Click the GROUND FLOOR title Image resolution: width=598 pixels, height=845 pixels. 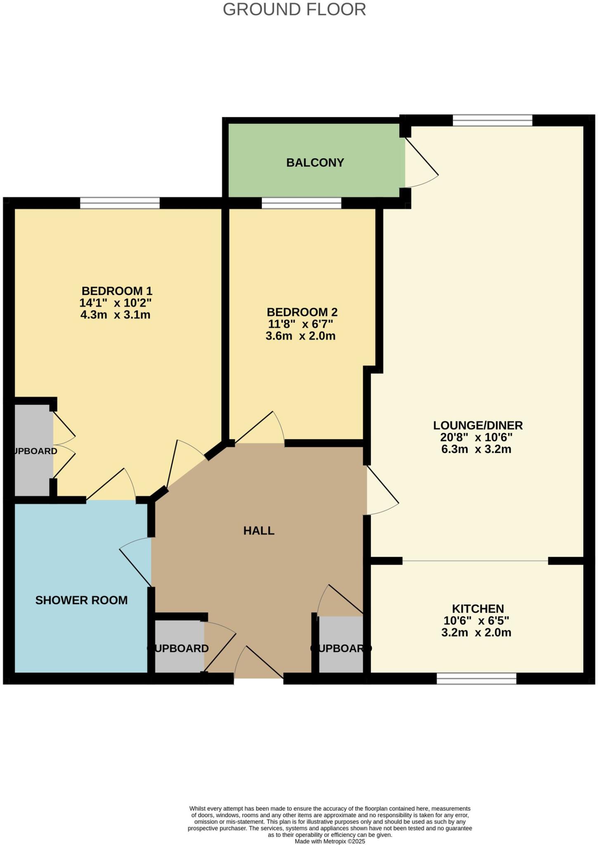(x=294, y=9)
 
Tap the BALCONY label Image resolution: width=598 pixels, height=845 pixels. (x=315, y=163)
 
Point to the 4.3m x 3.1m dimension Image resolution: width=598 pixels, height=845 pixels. (x=115, y=315)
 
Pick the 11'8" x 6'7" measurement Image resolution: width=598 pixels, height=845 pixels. (x=300, y=324)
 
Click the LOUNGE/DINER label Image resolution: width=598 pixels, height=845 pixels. (x=478, y=425)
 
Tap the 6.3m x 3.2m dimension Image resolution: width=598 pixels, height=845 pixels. (x=476, y=449)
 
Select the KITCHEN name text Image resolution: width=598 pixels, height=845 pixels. (x=478, y=609)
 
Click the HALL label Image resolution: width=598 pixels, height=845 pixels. (x=259, y=531)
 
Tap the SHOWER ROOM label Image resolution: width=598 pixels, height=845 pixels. (x=81, y=600)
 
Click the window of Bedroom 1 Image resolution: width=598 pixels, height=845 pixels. (x=120, y=203)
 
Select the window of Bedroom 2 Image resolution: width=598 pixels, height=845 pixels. (x=301, y=203)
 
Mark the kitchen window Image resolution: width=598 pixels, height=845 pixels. (x=476, y=678)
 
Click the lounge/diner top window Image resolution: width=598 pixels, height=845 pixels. (x=492, y=120)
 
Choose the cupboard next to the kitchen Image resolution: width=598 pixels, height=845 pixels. (x=341, y=645)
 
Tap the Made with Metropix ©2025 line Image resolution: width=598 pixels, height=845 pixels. (x=330, y=841)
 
